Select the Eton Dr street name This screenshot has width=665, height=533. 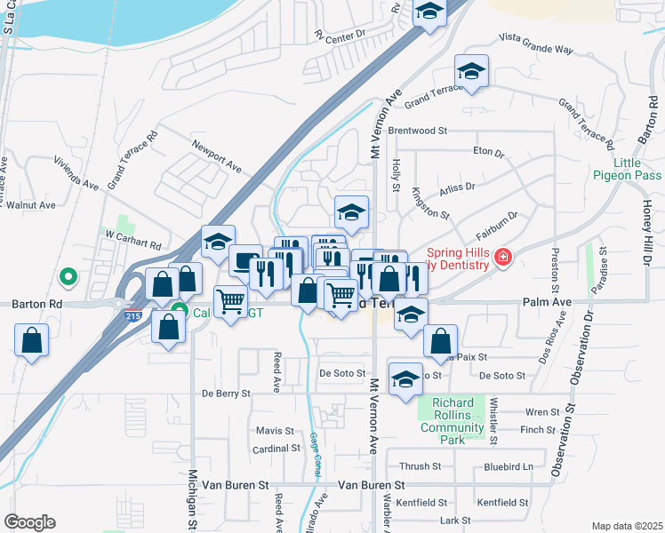tap(489, 152)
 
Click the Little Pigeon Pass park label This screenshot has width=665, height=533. tap(628, 169)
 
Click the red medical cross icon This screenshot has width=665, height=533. tap(504, 259)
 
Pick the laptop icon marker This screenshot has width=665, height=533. tap(244, 261)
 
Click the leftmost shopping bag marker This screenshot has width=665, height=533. tap(31, 340)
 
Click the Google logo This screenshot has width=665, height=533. tap(29, 522)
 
